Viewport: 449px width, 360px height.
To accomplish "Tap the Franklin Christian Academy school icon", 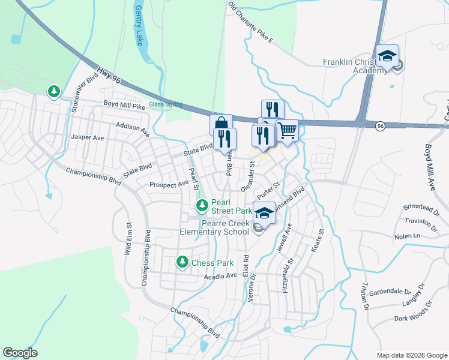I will (387, 56).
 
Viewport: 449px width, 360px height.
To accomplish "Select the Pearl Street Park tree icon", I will (202, 206).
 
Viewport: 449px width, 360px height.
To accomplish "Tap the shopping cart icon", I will (288, 129).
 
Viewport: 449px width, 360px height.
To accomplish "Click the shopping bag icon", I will (220, 124).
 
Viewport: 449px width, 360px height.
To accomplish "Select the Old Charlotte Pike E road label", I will (250, 23).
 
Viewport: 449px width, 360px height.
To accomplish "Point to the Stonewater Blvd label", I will (84, 94).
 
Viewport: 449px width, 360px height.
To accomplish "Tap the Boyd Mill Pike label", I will (124, 106).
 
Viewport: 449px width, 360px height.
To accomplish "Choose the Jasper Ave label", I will (88, 137).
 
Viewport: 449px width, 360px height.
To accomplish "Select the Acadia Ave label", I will (221, 276).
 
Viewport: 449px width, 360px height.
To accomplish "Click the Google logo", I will (20, 353).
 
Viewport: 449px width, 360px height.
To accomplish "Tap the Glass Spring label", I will (165, 104).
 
